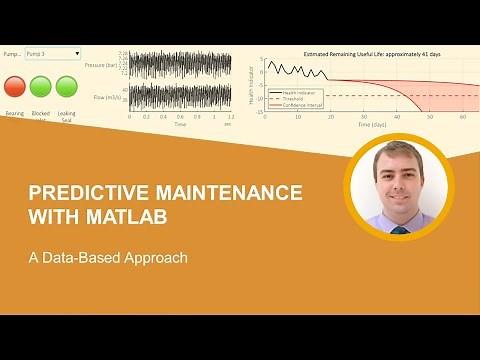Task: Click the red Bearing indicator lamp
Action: [15, 86]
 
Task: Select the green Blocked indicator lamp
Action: [41, 86]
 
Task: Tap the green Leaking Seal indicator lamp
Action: [67, 86]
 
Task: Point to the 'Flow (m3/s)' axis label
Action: [104, 97]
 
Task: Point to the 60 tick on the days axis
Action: [463, 118]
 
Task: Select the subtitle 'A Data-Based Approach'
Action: [108, 256]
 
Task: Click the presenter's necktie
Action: [400, 228]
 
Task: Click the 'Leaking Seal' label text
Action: [67, 117]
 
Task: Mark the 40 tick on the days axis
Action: [397, 118]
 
